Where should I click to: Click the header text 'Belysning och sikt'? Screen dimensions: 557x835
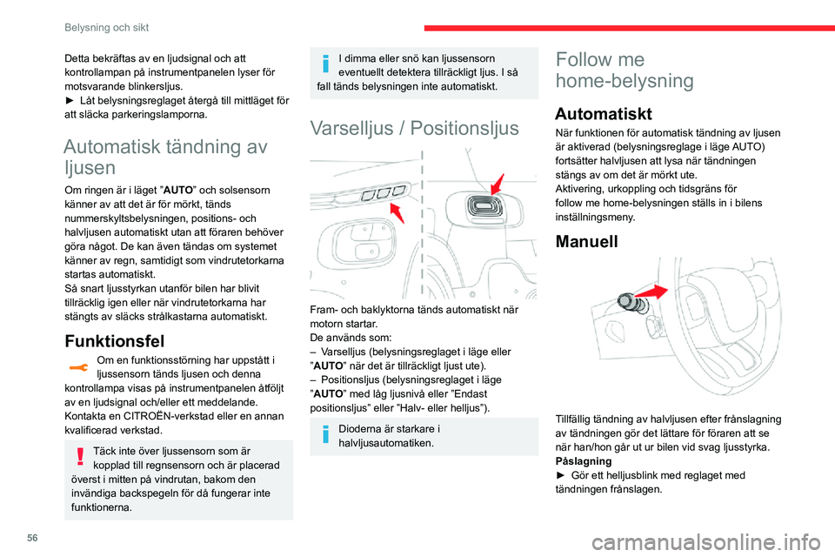pos(106,27)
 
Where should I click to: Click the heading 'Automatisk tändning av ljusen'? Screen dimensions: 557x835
pos(165,157)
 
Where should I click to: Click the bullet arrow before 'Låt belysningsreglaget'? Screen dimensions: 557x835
pos(70,100)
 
